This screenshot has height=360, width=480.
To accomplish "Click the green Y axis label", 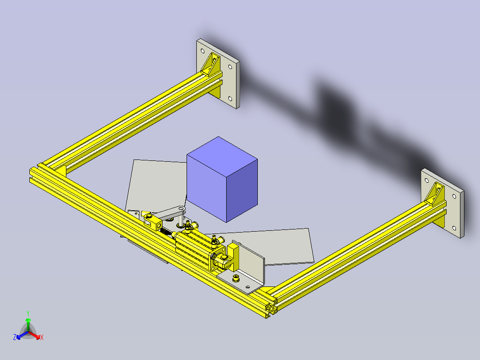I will (28, 313).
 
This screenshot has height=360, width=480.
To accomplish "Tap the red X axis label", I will (42, 337).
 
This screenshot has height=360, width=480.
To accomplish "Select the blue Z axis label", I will (15, 337).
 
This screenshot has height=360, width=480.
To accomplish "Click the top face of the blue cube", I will (222, 155).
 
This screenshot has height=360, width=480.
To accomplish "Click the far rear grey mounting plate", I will (227, 80).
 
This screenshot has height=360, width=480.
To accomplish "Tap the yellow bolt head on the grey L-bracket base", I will (236, 279).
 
